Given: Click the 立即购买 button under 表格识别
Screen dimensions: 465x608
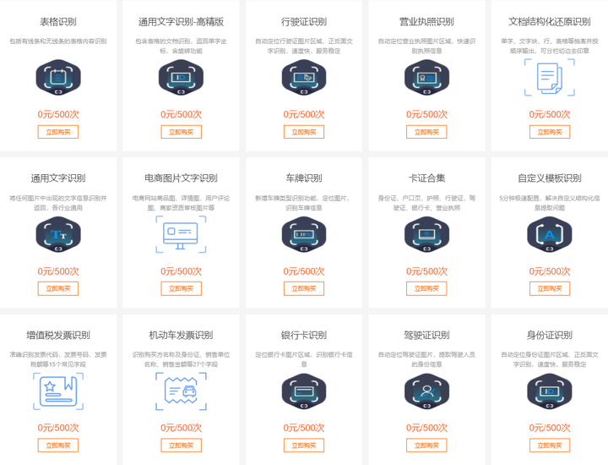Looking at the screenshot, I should [58, 132].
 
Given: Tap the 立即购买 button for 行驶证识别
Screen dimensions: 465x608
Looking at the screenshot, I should [304, 132].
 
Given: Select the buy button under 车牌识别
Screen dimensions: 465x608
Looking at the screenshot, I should [304, 288].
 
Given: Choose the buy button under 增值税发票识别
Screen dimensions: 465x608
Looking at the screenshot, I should [58, 445].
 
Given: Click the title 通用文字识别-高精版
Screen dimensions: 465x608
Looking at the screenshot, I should [182, 22].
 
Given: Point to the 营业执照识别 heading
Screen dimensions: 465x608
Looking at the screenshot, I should [426, 22].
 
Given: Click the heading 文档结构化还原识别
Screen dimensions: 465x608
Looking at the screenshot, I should [550, 22].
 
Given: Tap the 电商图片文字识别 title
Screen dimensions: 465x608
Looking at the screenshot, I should [182, 178].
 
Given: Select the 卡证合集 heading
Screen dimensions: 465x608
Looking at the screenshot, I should [426, 178].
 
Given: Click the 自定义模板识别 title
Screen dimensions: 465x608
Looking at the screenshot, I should [550, 178].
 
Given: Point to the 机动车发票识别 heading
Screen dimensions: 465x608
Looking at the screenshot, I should [182, 335].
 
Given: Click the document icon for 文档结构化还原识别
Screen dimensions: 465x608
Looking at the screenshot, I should [550, 78].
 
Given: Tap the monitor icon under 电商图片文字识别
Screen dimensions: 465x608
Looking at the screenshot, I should [182, 234].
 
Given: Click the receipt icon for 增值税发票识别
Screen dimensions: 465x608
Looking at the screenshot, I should [58, 391].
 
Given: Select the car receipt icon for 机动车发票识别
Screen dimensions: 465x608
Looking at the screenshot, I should [182, 391].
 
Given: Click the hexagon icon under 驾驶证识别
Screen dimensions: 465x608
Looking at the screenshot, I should [426, 391].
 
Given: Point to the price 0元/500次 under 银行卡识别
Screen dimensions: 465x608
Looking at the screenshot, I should [304, 428].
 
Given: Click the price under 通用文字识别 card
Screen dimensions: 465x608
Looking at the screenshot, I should [58, 271].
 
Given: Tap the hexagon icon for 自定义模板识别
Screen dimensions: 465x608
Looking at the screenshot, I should [550, 234].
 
